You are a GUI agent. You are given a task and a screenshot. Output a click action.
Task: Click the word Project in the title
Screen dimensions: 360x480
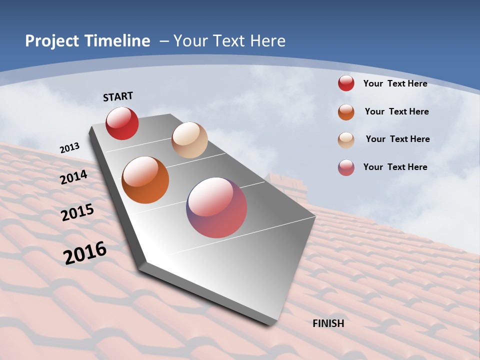(50, 41)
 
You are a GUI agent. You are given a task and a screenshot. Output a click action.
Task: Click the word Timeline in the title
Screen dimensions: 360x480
(114, 41)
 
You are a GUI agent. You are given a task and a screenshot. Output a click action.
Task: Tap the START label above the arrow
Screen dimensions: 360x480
(118, 96)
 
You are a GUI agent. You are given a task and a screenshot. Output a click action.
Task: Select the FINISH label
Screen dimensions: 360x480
(328, 323)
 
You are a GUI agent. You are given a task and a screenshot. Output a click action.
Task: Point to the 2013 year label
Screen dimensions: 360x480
(69, 148)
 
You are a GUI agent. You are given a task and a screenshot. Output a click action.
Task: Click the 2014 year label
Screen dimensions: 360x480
(74, 177)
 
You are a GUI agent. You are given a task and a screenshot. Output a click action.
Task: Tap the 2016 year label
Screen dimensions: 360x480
(85, 252)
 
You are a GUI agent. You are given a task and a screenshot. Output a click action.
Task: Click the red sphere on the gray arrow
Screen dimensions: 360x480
(122, 123)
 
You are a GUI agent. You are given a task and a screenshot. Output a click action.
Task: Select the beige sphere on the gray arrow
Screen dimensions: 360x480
(189, 140)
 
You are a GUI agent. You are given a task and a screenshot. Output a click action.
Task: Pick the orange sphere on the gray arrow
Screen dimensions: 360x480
(145, 180)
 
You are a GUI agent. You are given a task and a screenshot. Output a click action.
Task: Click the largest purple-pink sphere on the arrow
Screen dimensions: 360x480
(216, 207)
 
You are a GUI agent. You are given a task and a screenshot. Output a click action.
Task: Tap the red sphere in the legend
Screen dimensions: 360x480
(346, 83)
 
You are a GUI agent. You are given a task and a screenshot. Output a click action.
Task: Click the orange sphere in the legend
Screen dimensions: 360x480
(346, 112)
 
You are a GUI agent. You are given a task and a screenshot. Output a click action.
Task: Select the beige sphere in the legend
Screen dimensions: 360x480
(346, 140)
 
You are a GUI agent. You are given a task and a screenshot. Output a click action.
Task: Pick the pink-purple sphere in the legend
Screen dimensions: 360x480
(346, 167)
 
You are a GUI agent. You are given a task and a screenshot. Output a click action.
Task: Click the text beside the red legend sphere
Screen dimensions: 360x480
(395, 83)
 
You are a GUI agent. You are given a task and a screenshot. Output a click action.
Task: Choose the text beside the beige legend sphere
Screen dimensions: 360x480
(397, 139)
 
